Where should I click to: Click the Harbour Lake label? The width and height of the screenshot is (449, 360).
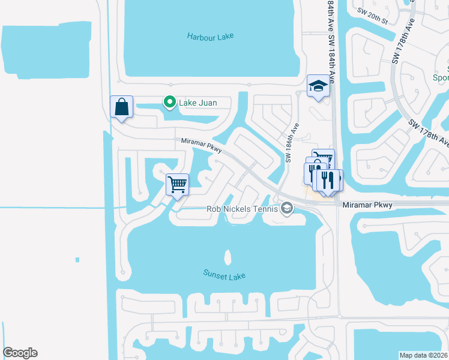(209, 36)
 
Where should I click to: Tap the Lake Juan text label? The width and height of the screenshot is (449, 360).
(197, 103)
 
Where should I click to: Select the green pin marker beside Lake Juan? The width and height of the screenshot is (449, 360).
(170, 103)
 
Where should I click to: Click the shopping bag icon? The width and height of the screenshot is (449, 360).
(121, 107)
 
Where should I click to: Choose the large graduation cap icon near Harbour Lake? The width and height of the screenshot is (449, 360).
(318, 86)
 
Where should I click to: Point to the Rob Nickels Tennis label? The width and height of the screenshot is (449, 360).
(242, 209)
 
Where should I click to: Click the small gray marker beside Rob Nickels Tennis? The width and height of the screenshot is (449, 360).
(287, 209)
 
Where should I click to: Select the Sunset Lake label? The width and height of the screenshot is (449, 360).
(224, 276)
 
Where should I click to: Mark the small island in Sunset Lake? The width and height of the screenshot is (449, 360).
(228, 257)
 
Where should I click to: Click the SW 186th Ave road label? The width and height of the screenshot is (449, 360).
(292, 144)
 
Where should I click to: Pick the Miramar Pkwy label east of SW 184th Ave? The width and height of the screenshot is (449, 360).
(367, 205)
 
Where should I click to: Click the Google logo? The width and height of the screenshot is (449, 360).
(20, 353)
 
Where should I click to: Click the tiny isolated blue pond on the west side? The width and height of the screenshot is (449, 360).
(77, 260)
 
